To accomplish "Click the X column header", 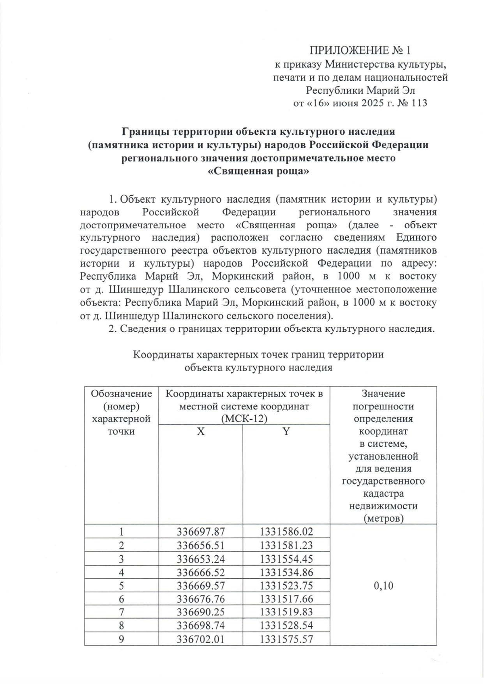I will click(200, 431).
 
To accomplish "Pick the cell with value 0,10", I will click(383, 586).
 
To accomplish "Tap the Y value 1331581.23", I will click(286, 546).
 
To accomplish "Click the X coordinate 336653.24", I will click(200, 559).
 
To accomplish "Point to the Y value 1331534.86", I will click(286, 572).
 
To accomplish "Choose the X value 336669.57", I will click(200, 586).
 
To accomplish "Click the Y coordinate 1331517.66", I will click(286, 599).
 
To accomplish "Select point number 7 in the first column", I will click(121, 612).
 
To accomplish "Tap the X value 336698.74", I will click(200, 625).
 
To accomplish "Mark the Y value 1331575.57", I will click(286, 639).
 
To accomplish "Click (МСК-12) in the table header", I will click(245, 419).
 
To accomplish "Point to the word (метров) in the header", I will click(383, 519).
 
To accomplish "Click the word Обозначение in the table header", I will click(121, 393).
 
